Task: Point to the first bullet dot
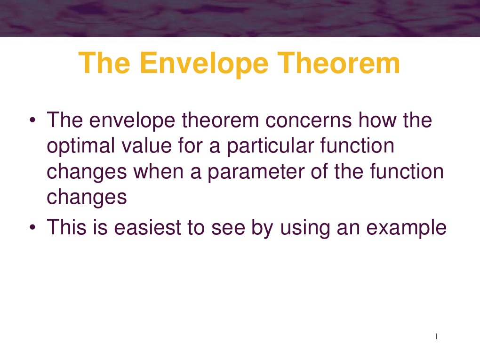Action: click(32, 121)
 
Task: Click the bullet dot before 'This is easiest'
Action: click(32, 228)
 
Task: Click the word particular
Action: click(273, 146)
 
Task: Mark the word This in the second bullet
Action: click(65, 228)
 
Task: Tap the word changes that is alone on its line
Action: click(87, 197)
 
